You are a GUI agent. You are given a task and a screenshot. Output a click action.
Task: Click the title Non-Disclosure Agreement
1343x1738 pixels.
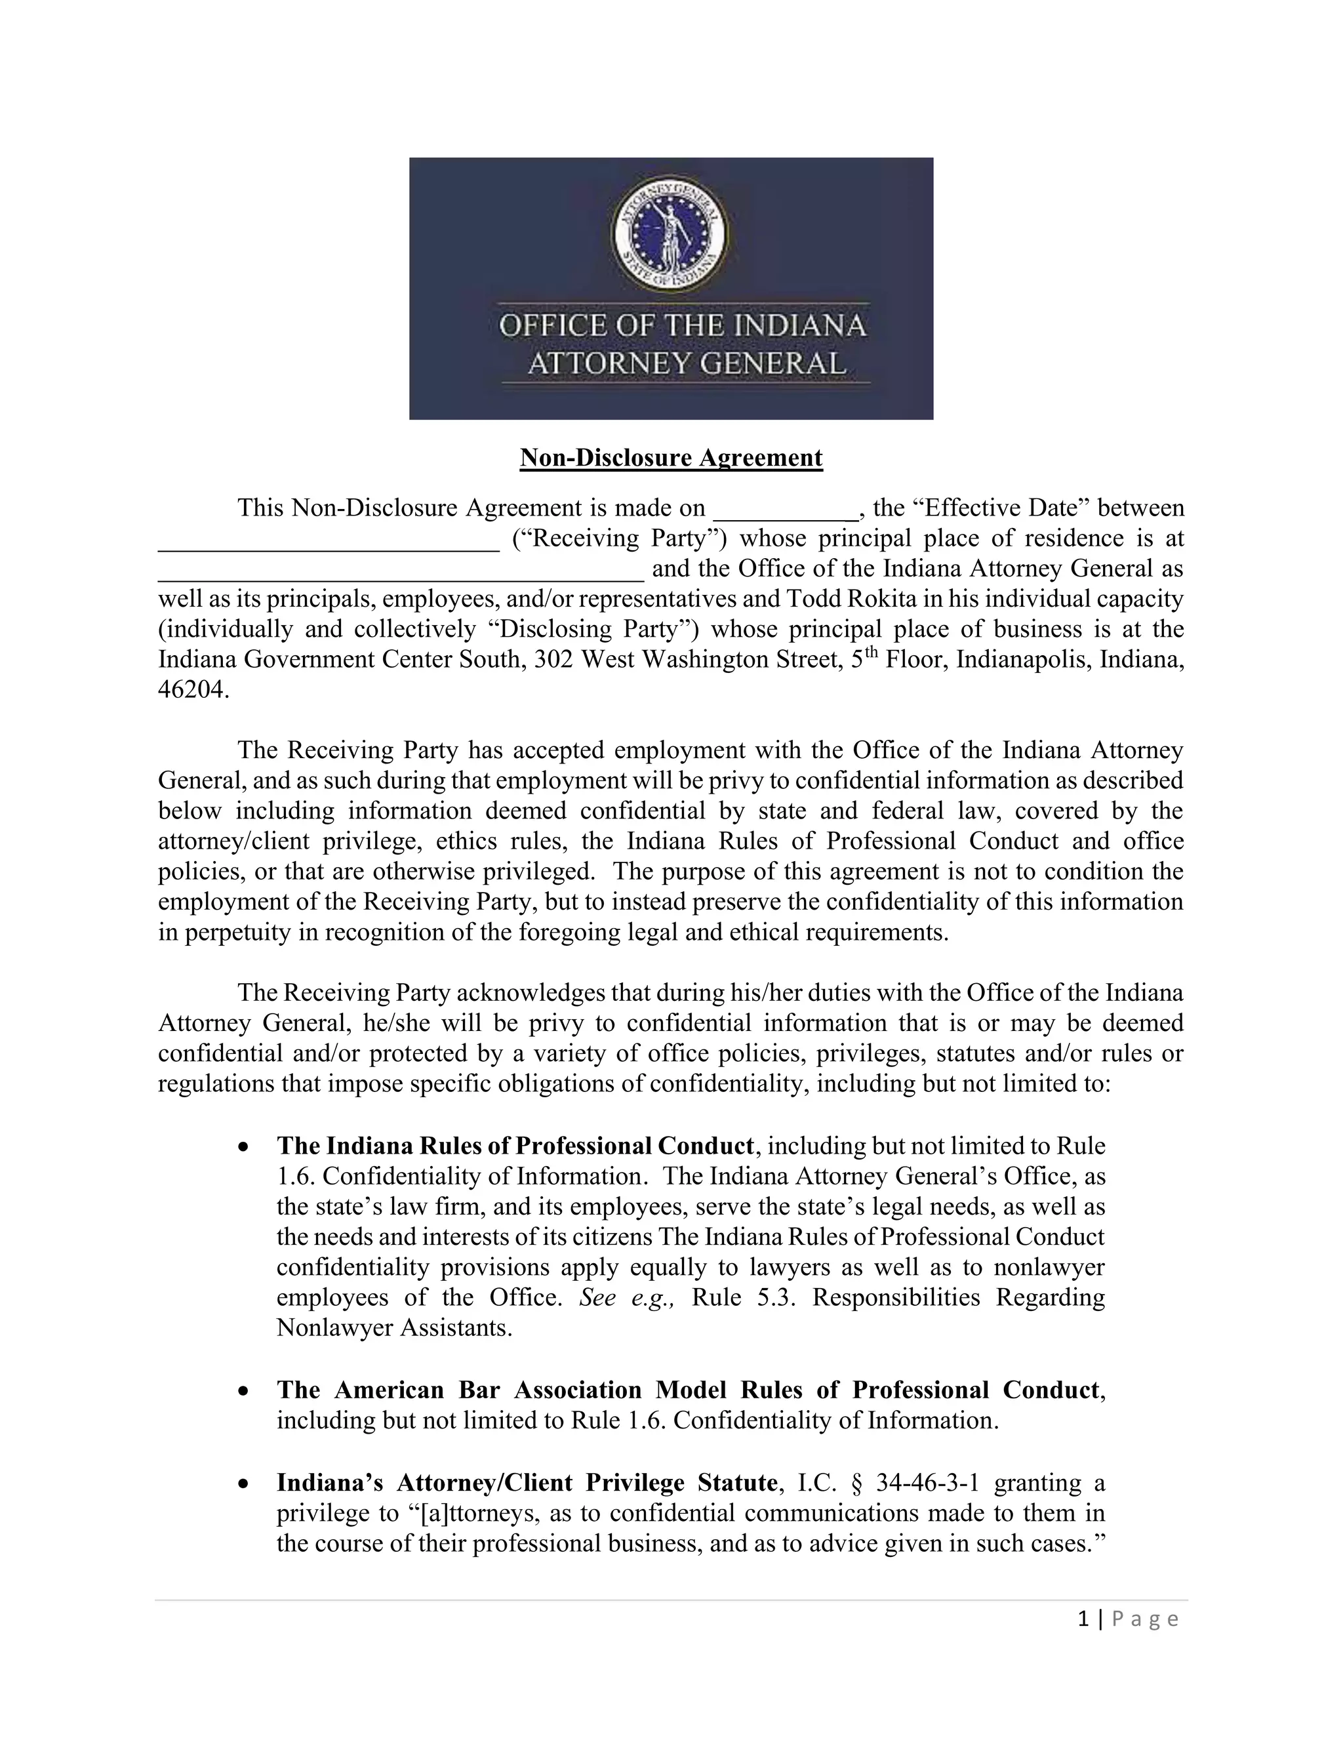(671, 458)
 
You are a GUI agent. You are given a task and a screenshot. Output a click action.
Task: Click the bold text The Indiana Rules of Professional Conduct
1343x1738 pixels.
(515, 1146)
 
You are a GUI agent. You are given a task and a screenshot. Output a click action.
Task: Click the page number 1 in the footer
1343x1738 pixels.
(1083, 1619)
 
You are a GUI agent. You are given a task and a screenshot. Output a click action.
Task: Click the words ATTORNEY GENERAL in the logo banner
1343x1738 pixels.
(686, 364)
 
